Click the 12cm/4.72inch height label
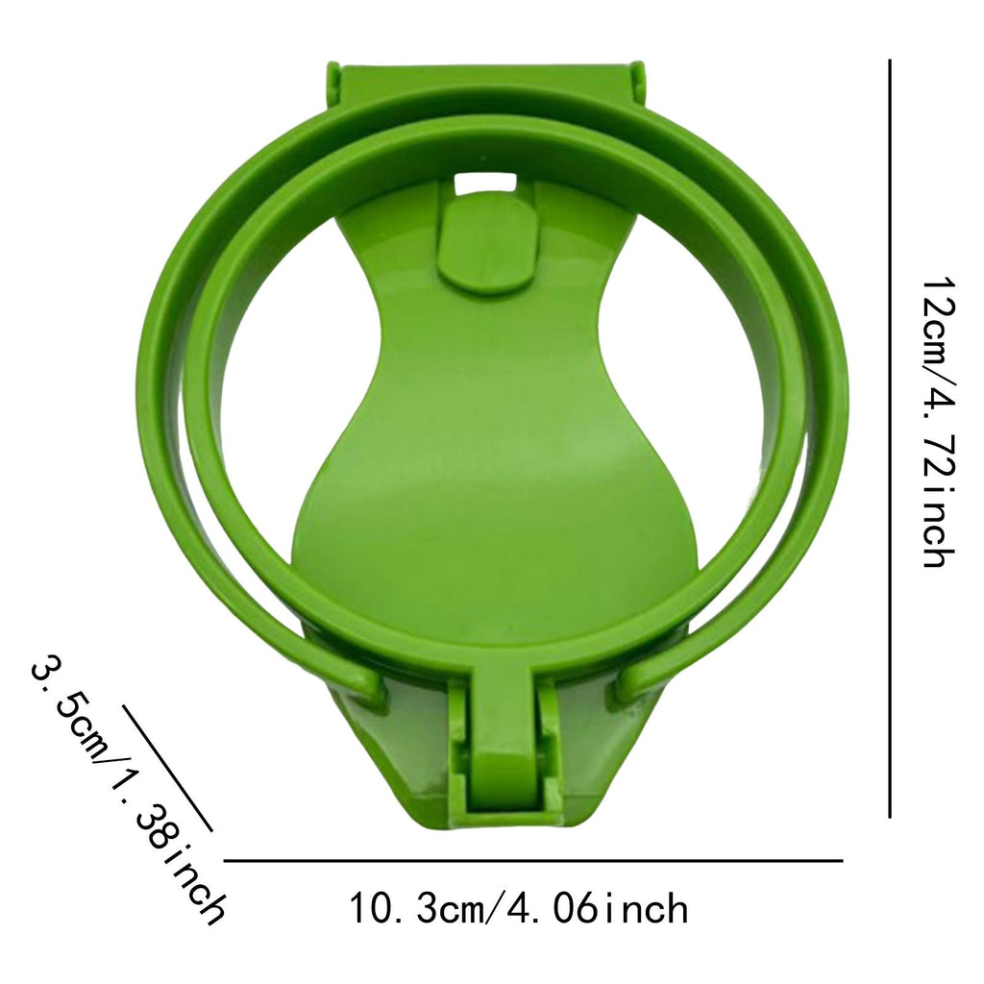pyautogui.click(x=940, y=423)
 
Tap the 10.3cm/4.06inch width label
pyautogui.click(x=519, y=908)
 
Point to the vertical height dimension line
pyautogui.click(x=889, y=438)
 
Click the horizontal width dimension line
pyautogui.click(x=533, y=861)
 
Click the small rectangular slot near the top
pyautogui.click(x=484, y=182)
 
